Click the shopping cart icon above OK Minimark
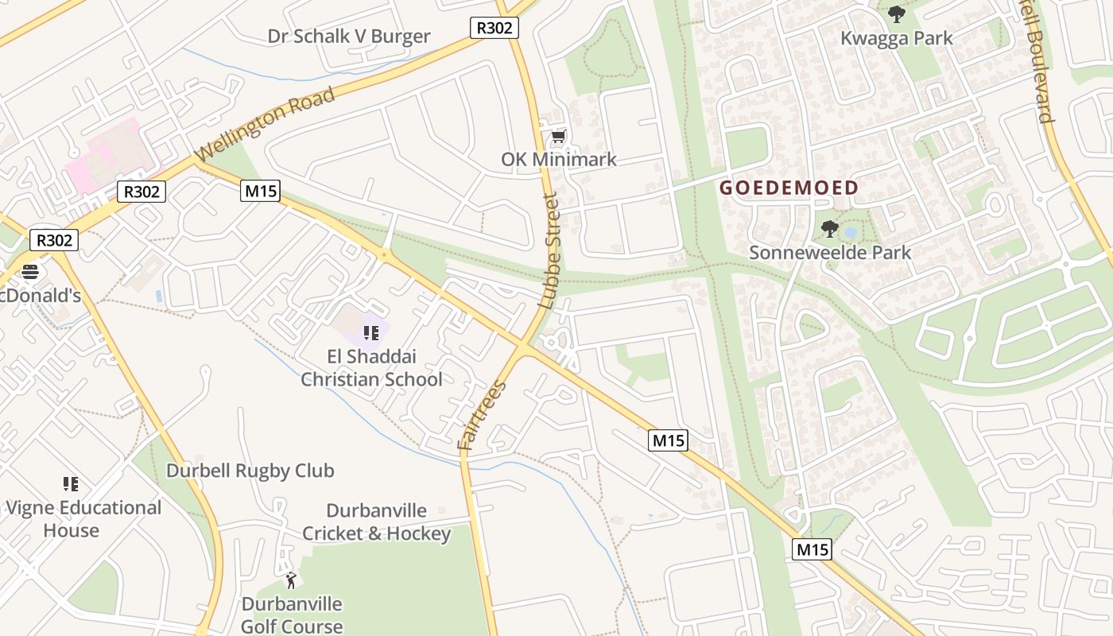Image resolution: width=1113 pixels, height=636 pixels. pyautogui.click(x=558, y=137)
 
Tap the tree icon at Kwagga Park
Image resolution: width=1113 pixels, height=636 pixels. pyautogui.click(x=896, y=14)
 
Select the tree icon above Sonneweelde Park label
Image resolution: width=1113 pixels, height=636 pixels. pyautogui.click(x=829, y=229)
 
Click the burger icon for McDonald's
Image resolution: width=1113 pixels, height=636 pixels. pyautogui.click(x=30, y=272)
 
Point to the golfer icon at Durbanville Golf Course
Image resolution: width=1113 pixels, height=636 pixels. pyautogui.click(x=291, y=580)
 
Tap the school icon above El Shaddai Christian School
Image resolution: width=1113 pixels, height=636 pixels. pyautogui.click(x=370, y=332)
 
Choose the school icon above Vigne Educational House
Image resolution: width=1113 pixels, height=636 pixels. pyautogui.click(x=71, y=483)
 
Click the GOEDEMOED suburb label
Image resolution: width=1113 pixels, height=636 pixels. pyautogui.click(x=789, y=188)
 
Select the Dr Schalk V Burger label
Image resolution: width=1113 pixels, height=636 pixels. pyautogui.click(x=349, y=37)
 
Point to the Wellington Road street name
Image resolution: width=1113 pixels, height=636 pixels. pyautogui.click(x=265, y=124)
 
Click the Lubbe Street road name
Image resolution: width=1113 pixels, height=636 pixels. pyautogui.click(x=549, y=250)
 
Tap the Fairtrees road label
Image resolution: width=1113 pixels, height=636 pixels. pyautogui.click(x=483, y=417)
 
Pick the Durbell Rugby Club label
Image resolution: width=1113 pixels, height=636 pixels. pyautogui.click(x=250, y=471)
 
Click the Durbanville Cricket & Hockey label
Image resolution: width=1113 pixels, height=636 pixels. pyautogui.click(x=376, y=522)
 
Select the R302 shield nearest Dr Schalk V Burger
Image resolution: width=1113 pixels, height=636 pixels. pyautogui.click(x=494, y=28)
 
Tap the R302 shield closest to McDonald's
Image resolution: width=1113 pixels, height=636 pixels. pyautogui.click(x=54, y=240)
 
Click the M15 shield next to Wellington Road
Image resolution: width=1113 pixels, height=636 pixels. pyautogui.click(x=261, y=191)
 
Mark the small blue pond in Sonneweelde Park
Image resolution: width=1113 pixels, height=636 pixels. pyautogui.click(x=851, y=233)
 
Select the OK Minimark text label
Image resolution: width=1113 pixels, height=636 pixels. pyautogui.click(x=558, y=160)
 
